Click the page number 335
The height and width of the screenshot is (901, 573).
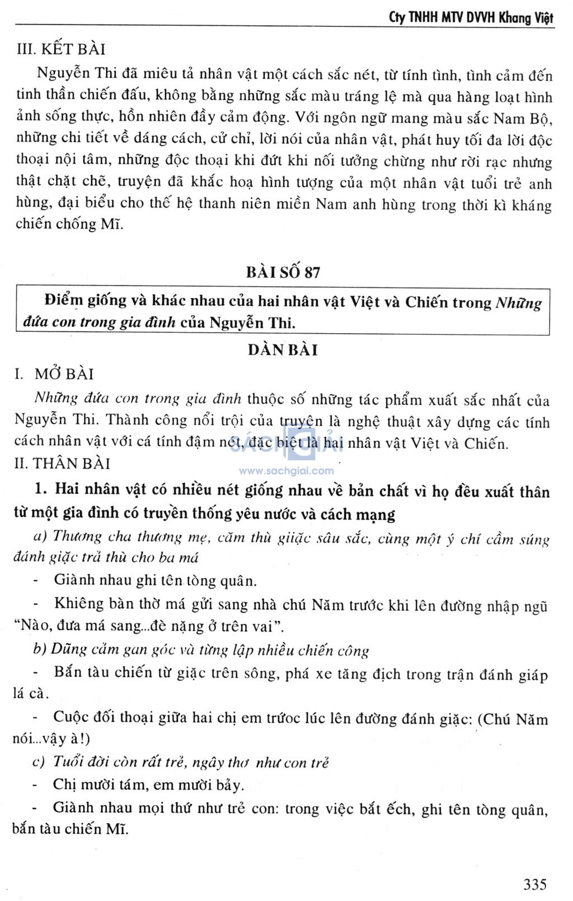point(534,884)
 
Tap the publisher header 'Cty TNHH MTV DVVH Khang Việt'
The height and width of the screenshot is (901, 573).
point(471,17)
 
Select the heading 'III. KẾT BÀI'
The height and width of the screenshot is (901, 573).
point(61,49)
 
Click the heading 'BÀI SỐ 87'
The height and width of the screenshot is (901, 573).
point(283,272)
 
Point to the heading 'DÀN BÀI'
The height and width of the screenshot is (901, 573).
point(283,350)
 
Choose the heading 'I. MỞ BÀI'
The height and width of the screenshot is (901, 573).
point(54,374)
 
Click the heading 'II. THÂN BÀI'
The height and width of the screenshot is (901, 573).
point(62,464)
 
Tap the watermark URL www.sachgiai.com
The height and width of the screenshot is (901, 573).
point(286,471)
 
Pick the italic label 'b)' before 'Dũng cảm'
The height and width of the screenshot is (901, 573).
point(39,649)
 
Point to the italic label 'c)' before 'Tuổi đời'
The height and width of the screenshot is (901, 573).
point(39,762)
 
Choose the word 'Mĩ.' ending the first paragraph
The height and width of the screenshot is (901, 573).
point(111,225)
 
